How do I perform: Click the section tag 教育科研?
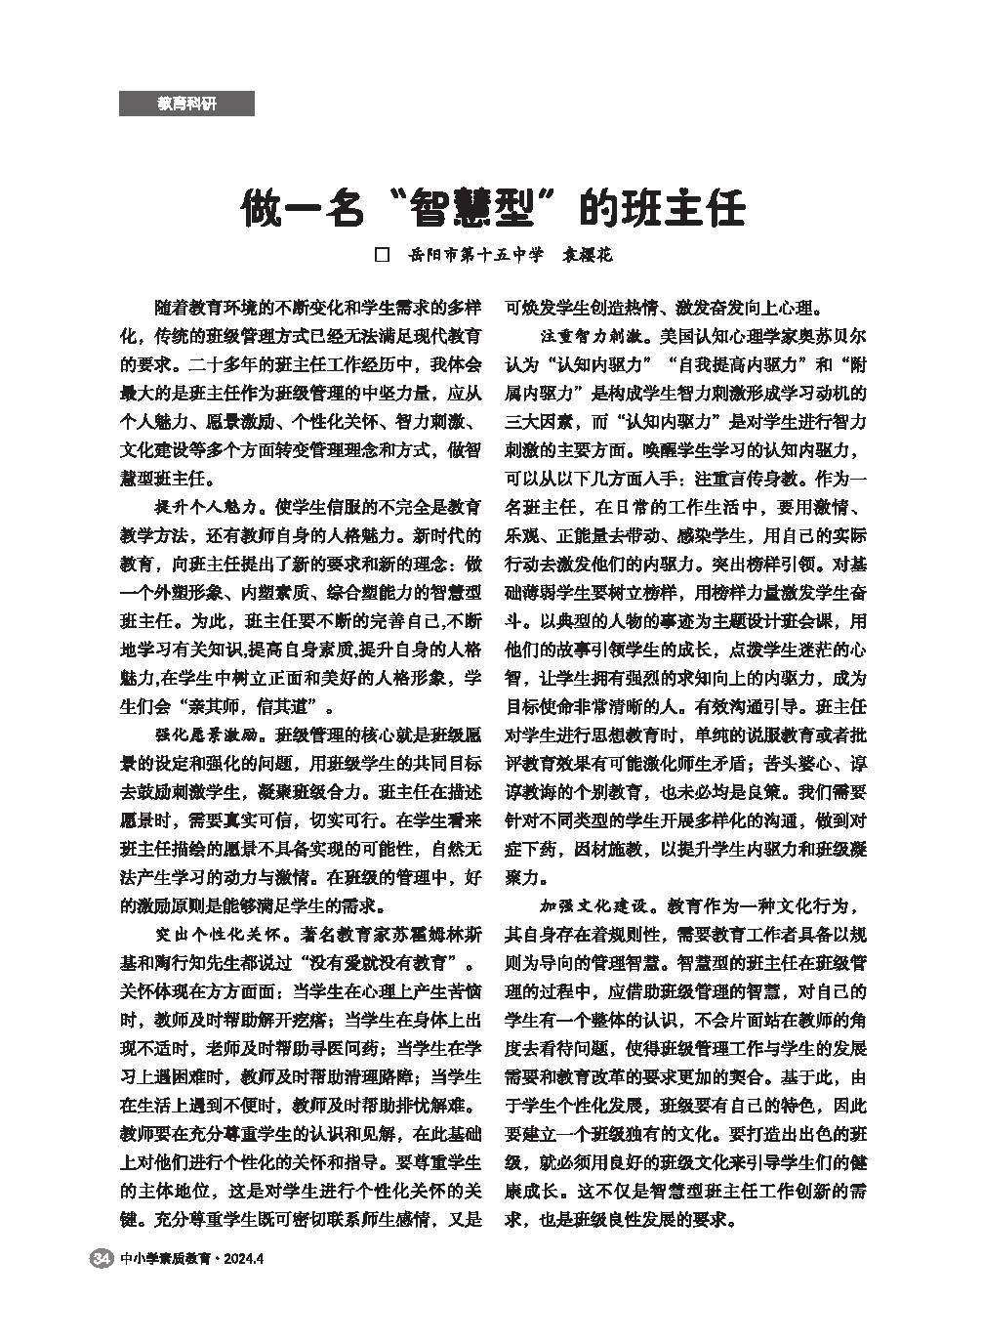(186, 104)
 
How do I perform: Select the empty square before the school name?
(383, 255)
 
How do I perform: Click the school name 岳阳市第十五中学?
(476, 255)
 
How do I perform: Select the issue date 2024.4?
(244, 1259)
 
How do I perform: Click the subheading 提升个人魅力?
(206, 508)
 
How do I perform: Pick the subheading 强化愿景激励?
(206, 734)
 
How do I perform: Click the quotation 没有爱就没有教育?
(376, 961)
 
